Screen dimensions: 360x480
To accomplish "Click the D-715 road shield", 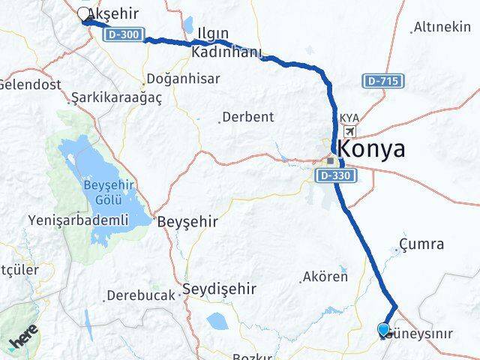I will coord(382,80).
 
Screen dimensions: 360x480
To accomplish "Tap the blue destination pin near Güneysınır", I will coord(383,329).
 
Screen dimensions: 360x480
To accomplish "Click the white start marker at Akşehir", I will coord(84,13).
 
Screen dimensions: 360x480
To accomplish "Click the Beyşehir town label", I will coord(187,222).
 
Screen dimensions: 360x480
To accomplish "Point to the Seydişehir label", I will coord(220,288).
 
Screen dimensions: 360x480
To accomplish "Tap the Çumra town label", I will coord(421,244).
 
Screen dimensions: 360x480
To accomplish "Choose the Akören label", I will coord(325,277).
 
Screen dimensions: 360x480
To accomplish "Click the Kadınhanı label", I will coord(226,52).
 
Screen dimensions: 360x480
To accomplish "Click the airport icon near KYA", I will coord(349,131).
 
